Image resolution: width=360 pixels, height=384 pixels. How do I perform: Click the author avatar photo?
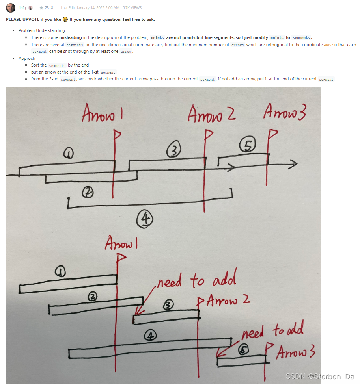(11, 8)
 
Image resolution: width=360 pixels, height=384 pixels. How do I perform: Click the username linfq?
(22, 8)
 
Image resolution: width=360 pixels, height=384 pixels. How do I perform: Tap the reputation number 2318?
(49, 8)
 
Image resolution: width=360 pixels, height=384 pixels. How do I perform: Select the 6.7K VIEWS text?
(132, 8)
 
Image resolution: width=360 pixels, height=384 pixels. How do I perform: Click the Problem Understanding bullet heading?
(41, 30)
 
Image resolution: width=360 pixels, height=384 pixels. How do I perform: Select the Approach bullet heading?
(26, 58)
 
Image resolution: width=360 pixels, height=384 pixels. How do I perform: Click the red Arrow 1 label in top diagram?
(102, 114)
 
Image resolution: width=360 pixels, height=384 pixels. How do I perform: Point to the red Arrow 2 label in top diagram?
(211, 114)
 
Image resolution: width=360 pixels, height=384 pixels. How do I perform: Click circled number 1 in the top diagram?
(69, 153)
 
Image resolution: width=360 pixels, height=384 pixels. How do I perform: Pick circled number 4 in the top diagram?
(145, 219)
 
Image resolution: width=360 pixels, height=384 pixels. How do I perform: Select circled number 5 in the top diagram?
(248, 146)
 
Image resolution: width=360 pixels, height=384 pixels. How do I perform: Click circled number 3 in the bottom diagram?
(168, 304)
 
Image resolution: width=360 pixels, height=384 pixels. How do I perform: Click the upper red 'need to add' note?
(196, 281)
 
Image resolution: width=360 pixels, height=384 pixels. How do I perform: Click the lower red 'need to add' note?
(272, 330)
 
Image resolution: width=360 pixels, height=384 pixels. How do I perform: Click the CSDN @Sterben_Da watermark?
(319, 377)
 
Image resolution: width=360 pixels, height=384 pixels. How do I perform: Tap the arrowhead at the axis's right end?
(293, 165)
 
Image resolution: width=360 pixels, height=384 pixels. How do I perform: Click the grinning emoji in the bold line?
(65, 19)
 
